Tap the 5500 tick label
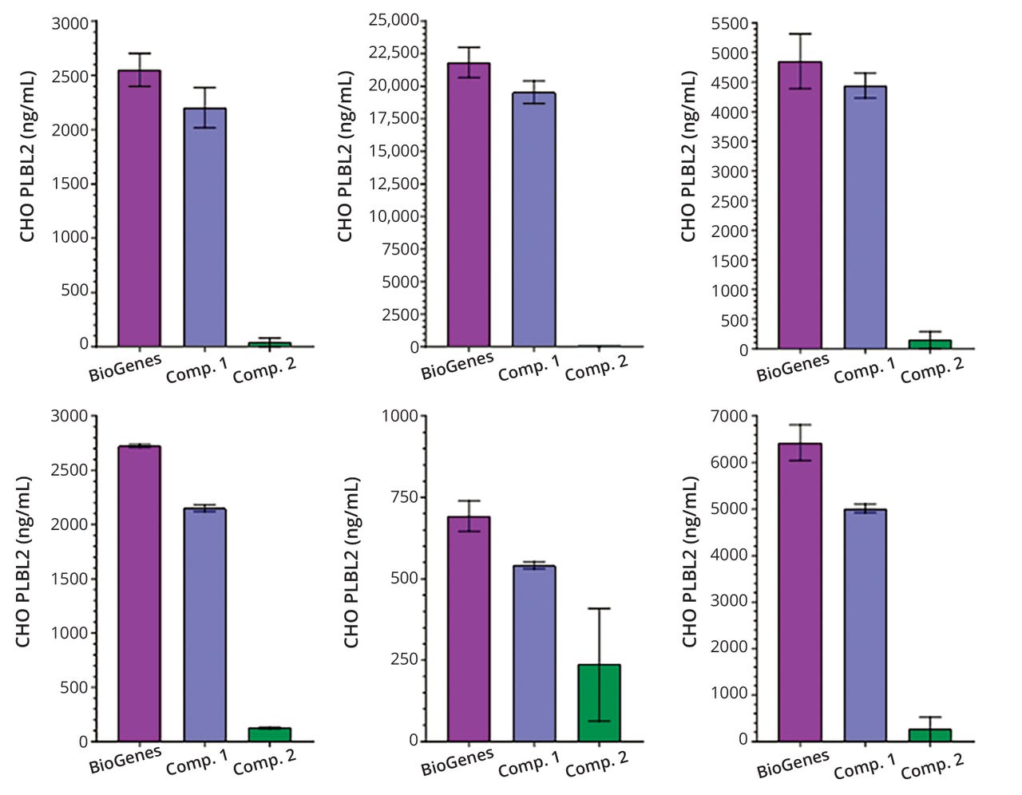point(730,24)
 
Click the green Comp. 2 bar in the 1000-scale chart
point(599,702)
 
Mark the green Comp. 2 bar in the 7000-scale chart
point(930,734)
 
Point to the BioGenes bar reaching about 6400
point(800,591)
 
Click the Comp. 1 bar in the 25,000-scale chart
point(534,220)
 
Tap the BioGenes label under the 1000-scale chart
point(458,762)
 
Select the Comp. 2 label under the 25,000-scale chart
point(596,368)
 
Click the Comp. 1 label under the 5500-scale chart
point(865,370)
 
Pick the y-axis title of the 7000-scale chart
point(689,562)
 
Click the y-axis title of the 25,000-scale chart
point(345,156)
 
